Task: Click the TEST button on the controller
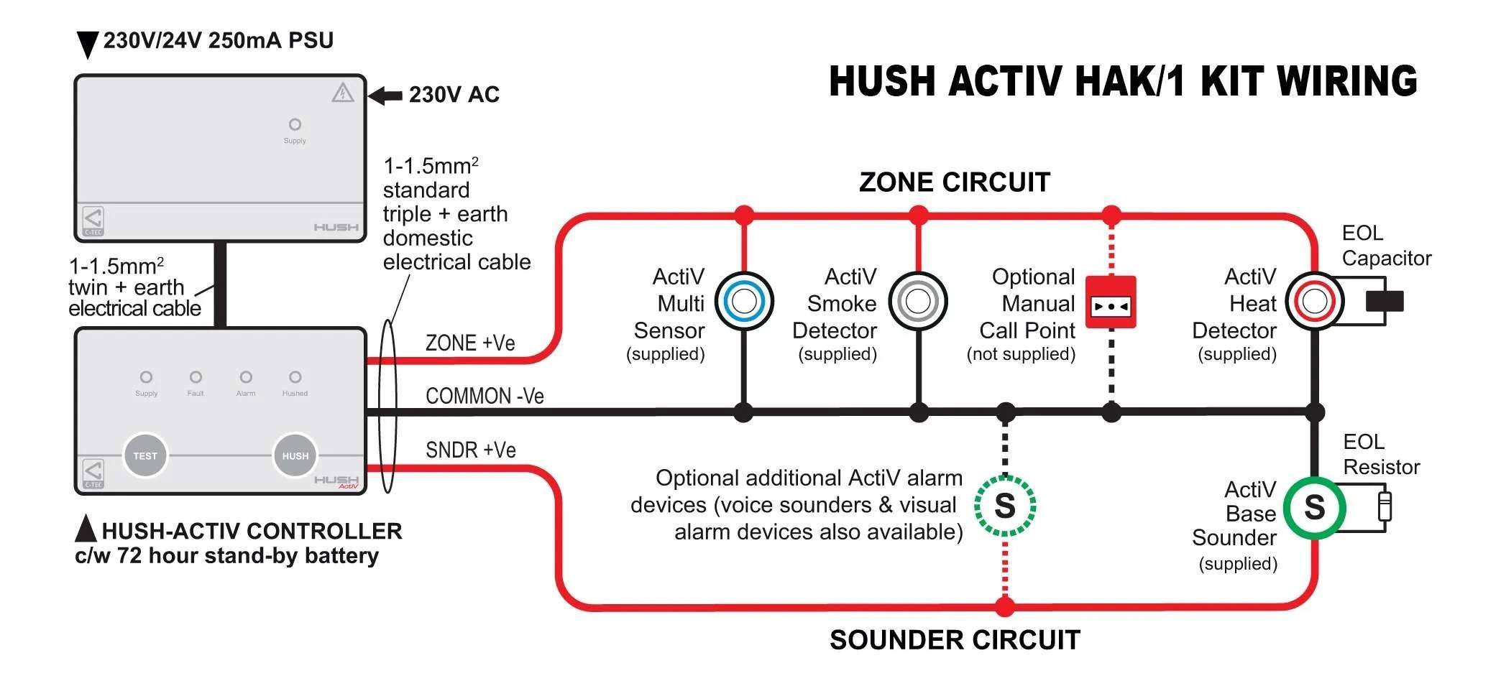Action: coord(145,455)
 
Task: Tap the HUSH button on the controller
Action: coord(295,455)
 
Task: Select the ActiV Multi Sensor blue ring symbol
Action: coord(744,301)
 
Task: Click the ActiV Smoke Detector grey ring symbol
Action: coord(918,301)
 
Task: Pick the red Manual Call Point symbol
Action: coord(1111,302)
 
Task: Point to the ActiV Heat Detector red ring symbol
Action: coord(1314,301)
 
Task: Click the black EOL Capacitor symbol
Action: coord(1384,301)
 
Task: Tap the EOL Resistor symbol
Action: coord(1385,506)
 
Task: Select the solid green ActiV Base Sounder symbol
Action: coord(1314,507)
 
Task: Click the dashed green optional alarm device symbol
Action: coord(1005,506)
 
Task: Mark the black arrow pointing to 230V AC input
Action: coord(385,95)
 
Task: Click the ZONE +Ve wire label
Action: coord(470,343)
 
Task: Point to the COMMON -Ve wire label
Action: coord(485,396)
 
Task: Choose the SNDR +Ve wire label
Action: coord(471,450)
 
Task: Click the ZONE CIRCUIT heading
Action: coord(955,182)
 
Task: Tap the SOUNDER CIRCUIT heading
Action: coord(955,640)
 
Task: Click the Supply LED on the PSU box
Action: coord(295,124)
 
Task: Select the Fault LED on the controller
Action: coord(196,377)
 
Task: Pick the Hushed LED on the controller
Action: coord(295,377)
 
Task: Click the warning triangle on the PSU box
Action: coord(343,93)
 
